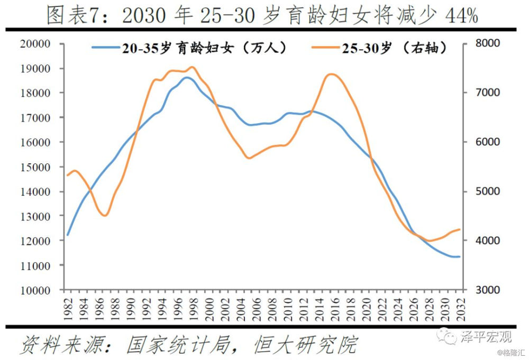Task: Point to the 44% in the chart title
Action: [x=461, y=16]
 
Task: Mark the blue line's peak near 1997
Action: [x=186, y=78]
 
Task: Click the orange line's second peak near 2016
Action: [x=331, y=74]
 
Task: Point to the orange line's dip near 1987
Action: [x=105, y=215]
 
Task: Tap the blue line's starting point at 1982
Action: [x=67, y=235]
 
